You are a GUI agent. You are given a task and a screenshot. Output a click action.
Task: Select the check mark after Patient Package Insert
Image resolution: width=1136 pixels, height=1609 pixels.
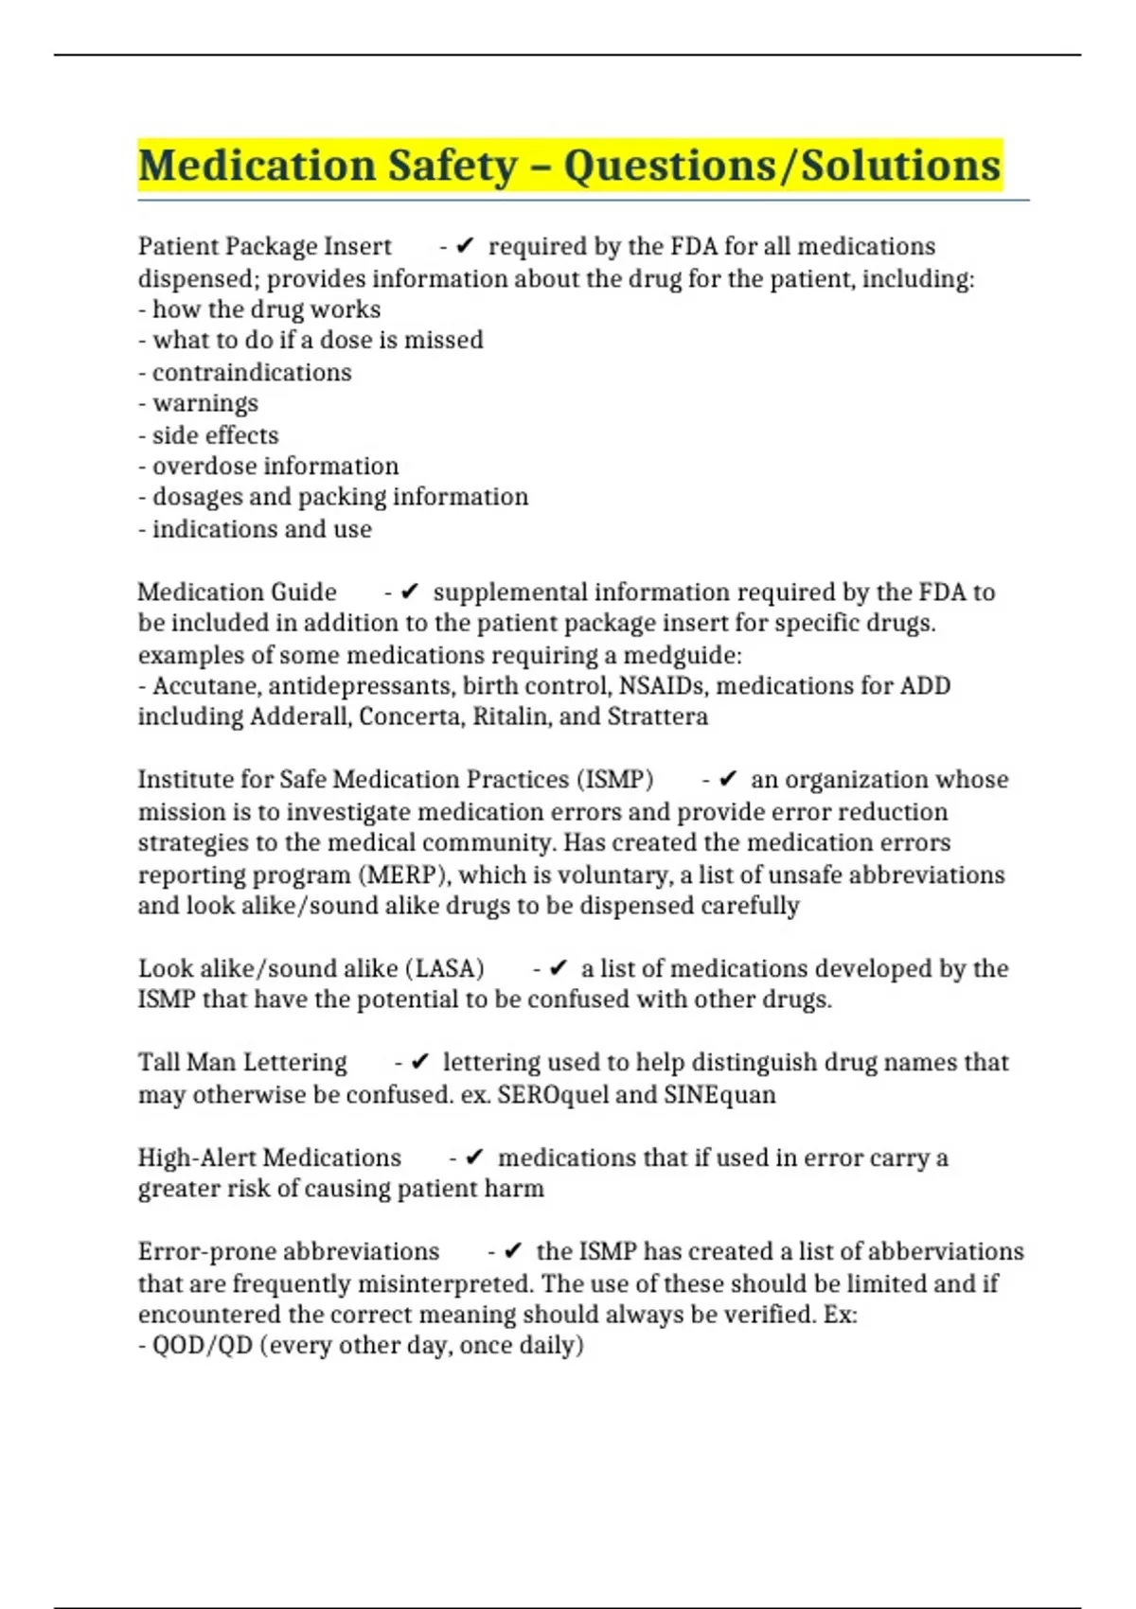[465, 246]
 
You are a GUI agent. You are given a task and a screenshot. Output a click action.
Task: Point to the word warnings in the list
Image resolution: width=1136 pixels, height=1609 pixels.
[205, 403]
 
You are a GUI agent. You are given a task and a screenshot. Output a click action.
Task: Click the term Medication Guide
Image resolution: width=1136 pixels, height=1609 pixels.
[237, 592]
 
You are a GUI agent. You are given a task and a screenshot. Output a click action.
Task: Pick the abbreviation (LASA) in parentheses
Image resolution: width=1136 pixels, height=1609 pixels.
[445, 968]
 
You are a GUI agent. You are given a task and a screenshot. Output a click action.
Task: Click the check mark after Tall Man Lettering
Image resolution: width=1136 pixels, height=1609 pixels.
[421, 1062]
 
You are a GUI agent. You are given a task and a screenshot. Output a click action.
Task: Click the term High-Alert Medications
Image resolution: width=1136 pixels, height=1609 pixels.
[270, 1157]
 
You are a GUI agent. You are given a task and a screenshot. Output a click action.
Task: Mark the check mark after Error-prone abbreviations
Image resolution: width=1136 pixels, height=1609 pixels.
[513, 1251]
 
